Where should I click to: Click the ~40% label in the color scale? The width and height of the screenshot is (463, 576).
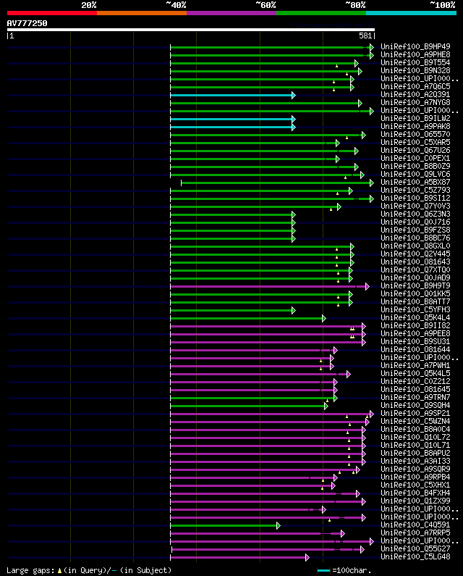click(x=176, y=5)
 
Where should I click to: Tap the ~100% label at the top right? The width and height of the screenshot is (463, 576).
click(x=442, y=5)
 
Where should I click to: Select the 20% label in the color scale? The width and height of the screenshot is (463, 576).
click(x=89, y=5)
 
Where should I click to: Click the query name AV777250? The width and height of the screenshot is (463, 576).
click(x=27, y=23)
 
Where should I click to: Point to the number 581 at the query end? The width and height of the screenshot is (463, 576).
click(x=365, y=36)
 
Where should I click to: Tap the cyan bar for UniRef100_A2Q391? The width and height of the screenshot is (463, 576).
click(x=231, y=95)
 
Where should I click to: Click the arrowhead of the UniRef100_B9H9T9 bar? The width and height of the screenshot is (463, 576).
click(x=368, y=286)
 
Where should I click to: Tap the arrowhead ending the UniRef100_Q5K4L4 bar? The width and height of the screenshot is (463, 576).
click(x=324, y=318)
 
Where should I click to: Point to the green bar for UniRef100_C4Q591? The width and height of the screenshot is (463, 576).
click(x=224, y=525)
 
